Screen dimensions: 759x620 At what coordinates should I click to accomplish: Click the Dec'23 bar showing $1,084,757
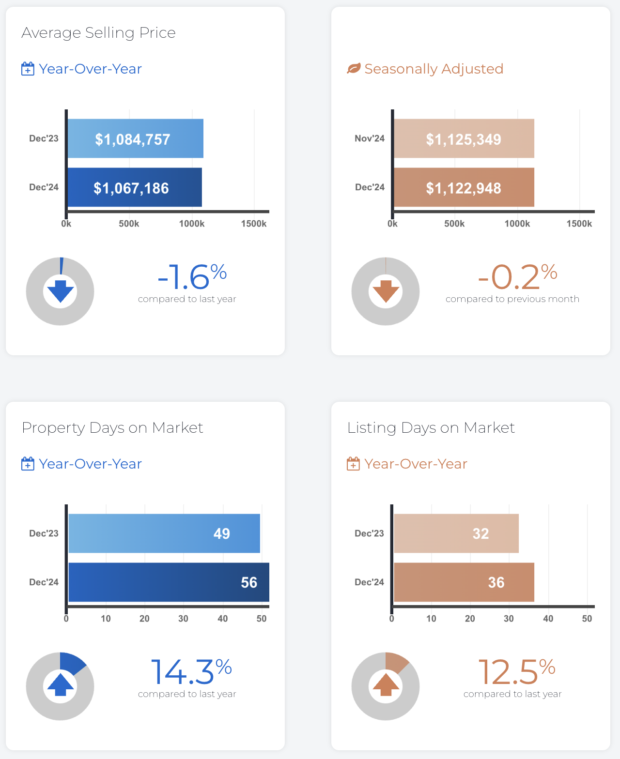click(x=135, y=138)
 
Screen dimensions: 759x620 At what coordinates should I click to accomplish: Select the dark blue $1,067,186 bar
click(x=134, y=187)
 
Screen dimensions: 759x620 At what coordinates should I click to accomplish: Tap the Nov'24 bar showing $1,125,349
click(x=464, y=138)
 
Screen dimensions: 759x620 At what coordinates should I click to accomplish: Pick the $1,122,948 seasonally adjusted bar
click(x=464, y=187)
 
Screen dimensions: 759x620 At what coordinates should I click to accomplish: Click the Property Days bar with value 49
click(x=164, y=533)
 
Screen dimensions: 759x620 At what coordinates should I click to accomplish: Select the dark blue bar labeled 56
click(x=169, y=582)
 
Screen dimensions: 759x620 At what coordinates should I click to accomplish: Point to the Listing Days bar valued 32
click(x=456, y=533)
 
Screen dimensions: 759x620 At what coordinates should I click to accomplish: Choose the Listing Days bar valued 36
click(x=464, y=582)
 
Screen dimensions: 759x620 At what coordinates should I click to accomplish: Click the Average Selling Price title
click(x=98, y=32)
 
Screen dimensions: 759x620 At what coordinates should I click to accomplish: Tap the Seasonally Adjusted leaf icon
click(x=354, y=69)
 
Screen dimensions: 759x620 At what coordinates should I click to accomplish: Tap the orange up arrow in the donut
click(x=386, y=685)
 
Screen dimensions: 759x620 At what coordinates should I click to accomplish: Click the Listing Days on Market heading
click(x=431, y=427)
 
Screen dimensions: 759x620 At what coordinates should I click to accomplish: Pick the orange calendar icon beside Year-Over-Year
click(x=353, y=464)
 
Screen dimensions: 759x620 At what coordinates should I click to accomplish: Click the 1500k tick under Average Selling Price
click(x=254, y=224)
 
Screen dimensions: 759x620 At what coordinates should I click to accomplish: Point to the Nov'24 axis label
click(x=370, y=138)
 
